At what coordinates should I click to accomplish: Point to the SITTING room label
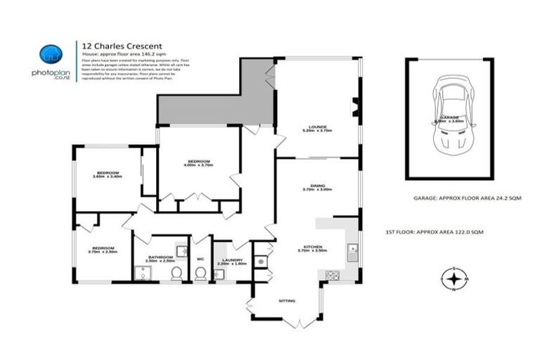point(286,300)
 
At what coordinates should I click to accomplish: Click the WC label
point(200,257)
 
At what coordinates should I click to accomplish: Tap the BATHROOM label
point(161,257)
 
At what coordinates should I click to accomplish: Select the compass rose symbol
point(455,279)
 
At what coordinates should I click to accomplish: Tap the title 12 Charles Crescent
point(117,43)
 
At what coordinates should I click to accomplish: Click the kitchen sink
point(353,248)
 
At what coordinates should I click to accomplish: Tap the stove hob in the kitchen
point(333,274)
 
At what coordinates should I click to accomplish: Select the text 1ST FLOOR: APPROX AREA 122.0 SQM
point(435,231)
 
